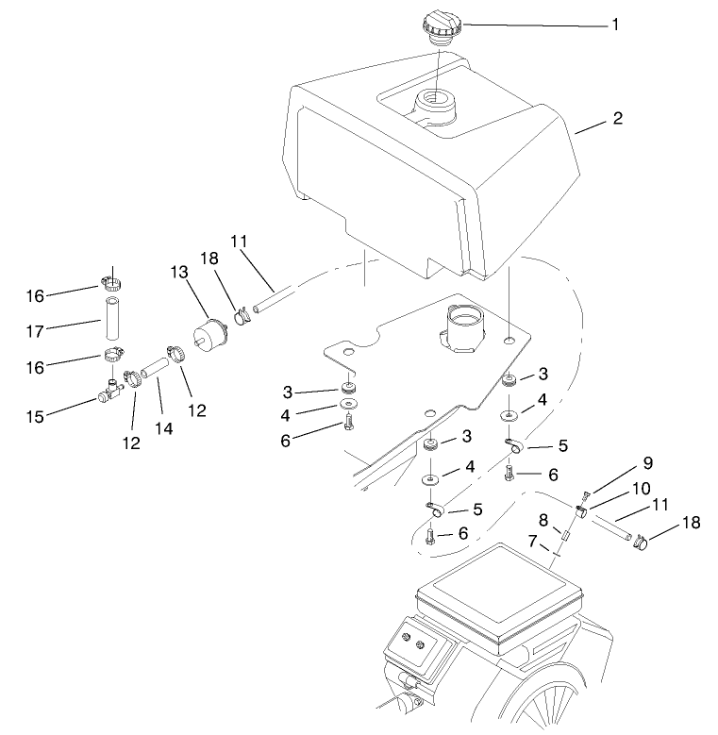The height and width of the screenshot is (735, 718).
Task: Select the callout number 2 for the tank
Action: coord(617,119)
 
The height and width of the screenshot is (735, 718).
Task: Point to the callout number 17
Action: coord(36,326)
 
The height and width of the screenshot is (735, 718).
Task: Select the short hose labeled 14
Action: coord(152,365)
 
